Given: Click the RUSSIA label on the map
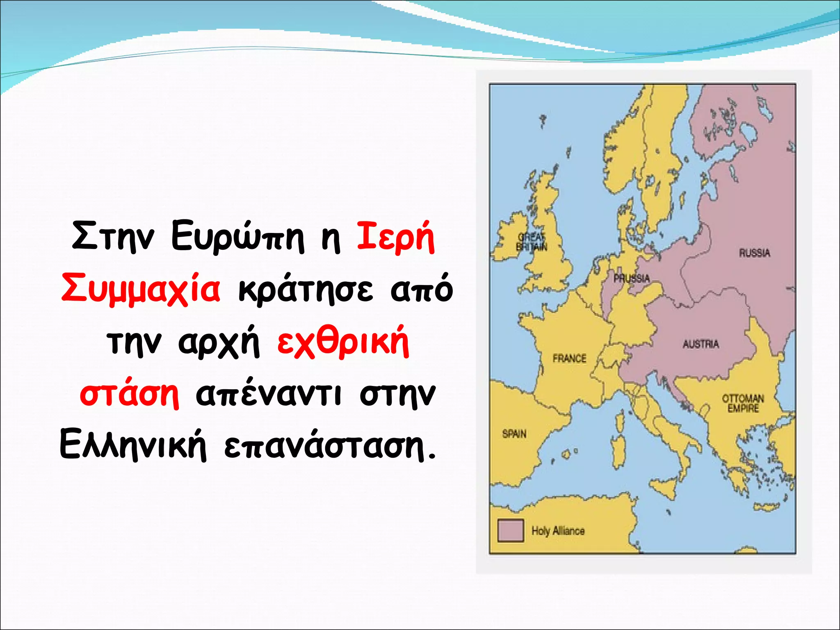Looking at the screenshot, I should point(754,253).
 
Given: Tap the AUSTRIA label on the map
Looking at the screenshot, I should point(701,344).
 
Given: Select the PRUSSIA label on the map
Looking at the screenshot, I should point(632,278).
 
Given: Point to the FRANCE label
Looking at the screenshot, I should point(569,358).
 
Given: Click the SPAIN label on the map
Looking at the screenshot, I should point(514,434).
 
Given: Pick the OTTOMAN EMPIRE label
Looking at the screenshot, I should point(743,403).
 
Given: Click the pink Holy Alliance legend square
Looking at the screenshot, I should point(510,530).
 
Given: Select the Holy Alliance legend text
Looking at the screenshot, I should point(558,531).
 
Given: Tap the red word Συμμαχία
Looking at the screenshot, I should point(140,289).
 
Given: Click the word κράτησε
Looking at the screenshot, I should point(306,289).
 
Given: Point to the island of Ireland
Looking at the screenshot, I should point(510,238).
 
